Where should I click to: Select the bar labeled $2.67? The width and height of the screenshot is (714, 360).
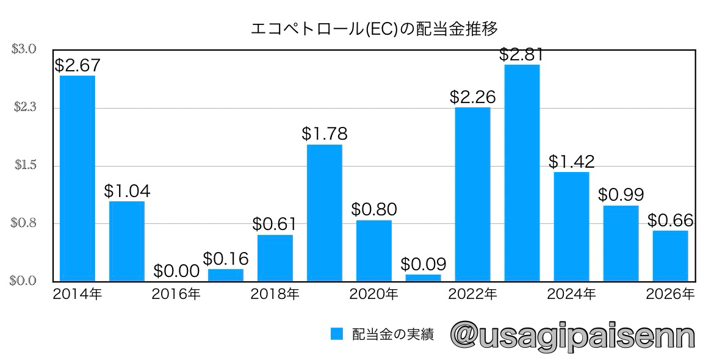tap(78, 178)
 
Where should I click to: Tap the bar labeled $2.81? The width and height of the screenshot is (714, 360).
tap(522, 172)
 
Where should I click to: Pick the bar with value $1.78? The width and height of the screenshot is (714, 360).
tap(324, 212)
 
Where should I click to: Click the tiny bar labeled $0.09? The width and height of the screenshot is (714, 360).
tap(423, 278)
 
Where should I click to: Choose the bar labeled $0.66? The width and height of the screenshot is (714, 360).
tap(670, 255)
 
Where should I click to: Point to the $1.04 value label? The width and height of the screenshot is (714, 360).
tap(127, 191)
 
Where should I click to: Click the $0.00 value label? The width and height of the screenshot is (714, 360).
tap(176, 270)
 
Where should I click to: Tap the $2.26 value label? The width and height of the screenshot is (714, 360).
tap(472, 97)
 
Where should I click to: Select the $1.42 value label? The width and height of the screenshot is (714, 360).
tap(571, 162)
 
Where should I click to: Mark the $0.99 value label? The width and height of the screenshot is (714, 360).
tap(621, 195)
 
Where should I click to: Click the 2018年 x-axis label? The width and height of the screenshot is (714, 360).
tap(275, 294)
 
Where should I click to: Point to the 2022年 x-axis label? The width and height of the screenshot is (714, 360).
tap(472, 294)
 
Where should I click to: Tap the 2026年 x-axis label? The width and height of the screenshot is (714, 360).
tap(670, 294)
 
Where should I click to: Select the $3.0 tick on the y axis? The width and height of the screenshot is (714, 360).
tap(24, 49)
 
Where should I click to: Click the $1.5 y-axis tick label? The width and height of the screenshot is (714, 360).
tap(24, 165)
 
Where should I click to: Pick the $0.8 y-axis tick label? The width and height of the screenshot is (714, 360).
tap(24, 223)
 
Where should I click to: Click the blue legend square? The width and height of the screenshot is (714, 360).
tap(337, 334)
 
